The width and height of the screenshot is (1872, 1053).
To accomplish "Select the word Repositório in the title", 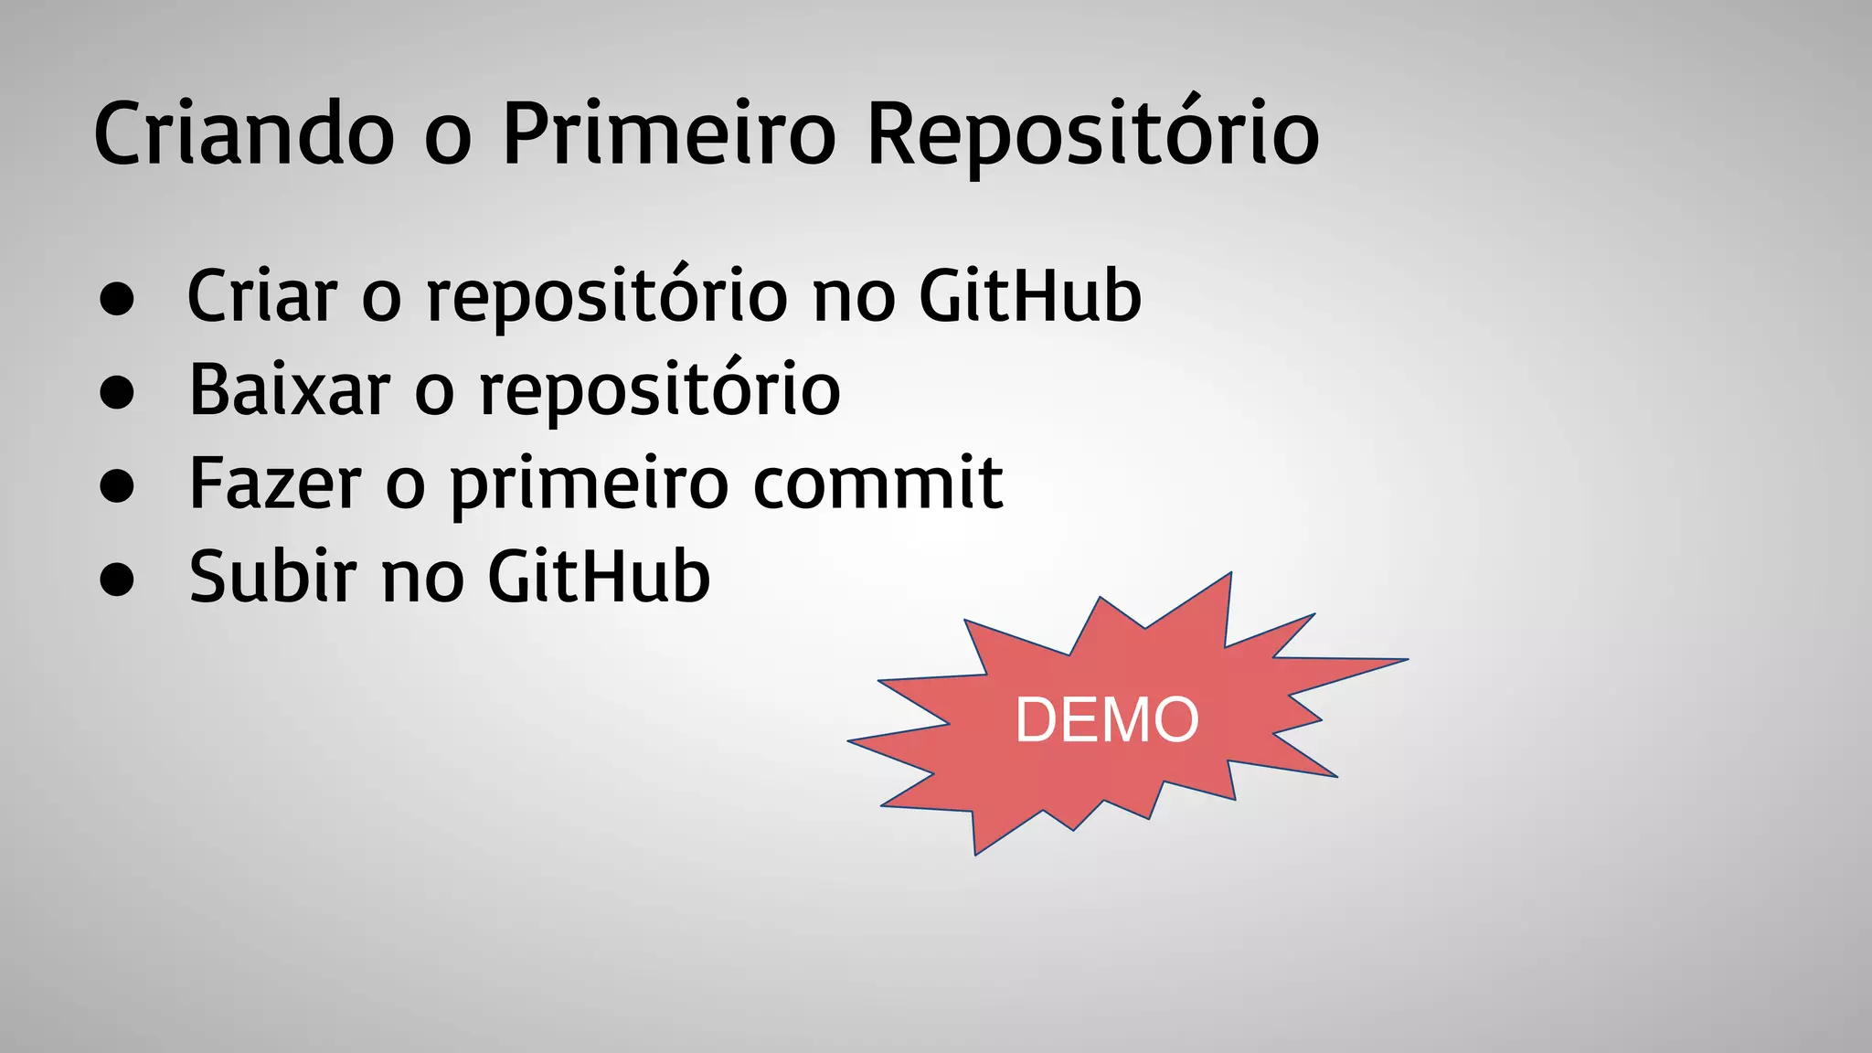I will (1092, 134).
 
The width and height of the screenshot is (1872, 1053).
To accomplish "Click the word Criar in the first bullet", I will (262, 296).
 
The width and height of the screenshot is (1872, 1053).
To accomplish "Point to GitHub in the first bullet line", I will (1030, 296).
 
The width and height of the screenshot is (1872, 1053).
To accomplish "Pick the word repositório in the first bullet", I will (607, 298).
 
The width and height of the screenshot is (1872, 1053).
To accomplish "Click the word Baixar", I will (290, 390).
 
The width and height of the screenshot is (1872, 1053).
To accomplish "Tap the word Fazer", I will (275, 484).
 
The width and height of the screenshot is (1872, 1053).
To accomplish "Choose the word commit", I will (877, 484).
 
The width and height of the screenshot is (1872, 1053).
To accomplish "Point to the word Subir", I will (272, 577).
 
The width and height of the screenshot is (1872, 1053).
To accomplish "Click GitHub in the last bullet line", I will (599, 577).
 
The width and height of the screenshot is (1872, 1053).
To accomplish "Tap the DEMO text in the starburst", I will (1107, 720).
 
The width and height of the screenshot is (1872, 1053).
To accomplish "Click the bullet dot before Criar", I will (117, 299).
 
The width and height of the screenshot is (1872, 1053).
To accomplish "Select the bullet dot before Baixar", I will (117, 392).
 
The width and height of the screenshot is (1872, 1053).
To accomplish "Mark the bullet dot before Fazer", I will (117, 485).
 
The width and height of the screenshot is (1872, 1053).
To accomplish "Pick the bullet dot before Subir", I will (117, 579).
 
